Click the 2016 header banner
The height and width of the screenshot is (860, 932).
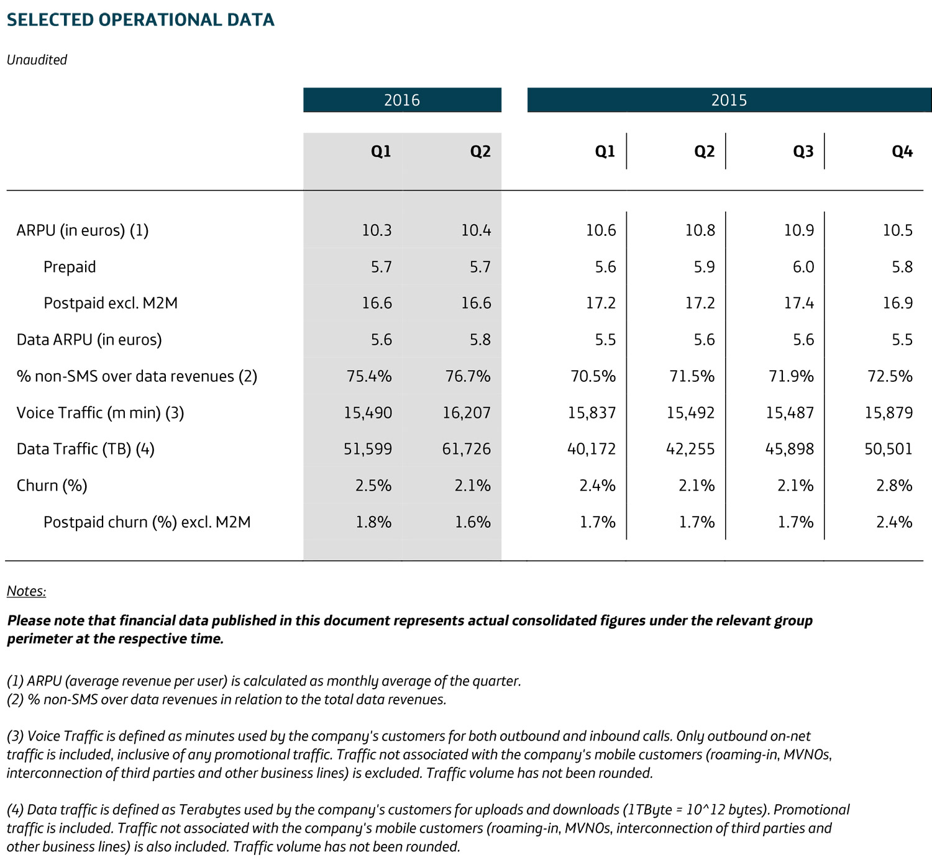point(402,100)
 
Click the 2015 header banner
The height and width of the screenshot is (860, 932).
point(729,100)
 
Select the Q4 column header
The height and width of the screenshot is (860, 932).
point(902,152)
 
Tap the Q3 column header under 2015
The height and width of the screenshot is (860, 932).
point(803,152)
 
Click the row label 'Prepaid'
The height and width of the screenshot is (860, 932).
point(70,267)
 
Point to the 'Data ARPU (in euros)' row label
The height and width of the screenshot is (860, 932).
point(89,340)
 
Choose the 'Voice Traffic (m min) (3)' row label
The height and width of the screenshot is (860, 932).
point(100,413)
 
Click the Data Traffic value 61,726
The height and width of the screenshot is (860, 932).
point(466,449)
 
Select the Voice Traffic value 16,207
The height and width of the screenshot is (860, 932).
point(466,413)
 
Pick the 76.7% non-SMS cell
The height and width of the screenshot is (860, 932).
point(467,376)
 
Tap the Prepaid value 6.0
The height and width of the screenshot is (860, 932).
point(803,267)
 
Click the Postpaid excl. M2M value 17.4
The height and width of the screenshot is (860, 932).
point(799,303)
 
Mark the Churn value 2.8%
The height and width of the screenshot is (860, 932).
point(894,486)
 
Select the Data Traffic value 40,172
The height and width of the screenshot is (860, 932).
point(591,449)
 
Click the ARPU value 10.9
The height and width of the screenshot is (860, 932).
point(799,230)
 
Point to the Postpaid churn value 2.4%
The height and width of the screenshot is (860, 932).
point(894,522)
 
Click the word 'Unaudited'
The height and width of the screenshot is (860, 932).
point(37,60)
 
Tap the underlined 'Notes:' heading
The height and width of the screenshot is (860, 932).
point(26,591)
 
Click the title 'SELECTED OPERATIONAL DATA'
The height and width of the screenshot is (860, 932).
point(140,20)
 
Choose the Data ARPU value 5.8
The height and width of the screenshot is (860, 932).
point(480,340)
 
